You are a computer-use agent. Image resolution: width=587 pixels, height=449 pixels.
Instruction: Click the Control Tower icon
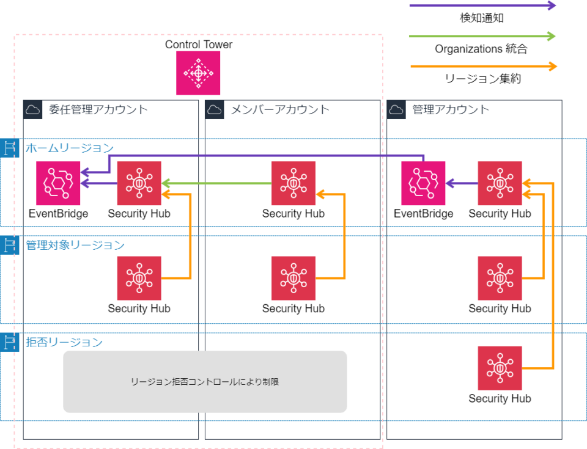198,73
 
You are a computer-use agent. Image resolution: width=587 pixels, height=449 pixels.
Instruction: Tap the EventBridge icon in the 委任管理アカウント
58,183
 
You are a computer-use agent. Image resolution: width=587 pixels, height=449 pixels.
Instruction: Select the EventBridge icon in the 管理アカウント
423,183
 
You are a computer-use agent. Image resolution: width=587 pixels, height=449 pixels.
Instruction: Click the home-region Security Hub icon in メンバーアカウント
293,183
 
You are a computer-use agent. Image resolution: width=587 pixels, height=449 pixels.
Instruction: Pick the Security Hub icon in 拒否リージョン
500,368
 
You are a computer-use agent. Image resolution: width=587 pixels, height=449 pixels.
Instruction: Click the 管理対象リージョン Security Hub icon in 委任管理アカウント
139,279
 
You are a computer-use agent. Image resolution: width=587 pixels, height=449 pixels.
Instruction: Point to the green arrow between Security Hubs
216,183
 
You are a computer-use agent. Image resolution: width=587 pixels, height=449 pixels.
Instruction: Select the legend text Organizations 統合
481,49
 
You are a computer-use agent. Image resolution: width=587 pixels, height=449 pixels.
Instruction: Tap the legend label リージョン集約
482,79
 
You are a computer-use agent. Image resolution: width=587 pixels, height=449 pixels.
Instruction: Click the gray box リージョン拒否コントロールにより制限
205,382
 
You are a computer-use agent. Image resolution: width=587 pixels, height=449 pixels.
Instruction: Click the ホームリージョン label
69,148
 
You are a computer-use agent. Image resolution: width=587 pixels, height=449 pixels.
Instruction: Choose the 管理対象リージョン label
75,245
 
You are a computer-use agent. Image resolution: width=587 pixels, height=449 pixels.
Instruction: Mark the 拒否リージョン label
64,342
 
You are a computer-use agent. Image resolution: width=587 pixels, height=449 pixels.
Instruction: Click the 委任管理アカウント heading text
98,110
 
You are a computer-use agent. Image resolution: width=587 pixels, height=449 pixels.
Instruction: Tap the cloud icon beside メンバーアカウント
214,110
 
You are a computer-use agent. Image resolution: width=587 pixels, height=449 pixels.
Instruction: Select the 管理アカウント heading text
451,110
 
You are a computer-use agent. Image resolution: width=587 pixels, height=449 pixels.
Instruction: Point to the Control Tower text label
199,45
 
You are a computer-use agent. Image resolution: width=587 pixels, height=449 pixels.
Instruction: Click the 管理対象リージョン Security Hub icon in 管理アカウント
500,279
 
